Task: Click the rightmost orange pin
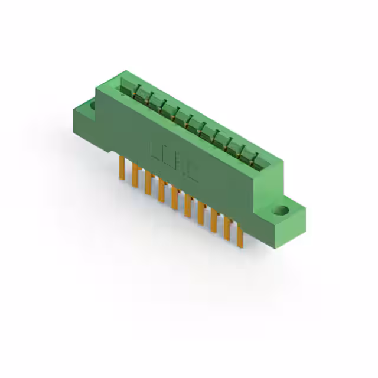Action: point(240,236)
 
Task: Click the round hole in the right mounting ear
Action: point(283,210)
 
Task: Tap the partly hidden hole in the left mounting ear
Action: point(92,106)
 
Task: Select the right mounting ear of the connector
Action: point(286,216)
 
